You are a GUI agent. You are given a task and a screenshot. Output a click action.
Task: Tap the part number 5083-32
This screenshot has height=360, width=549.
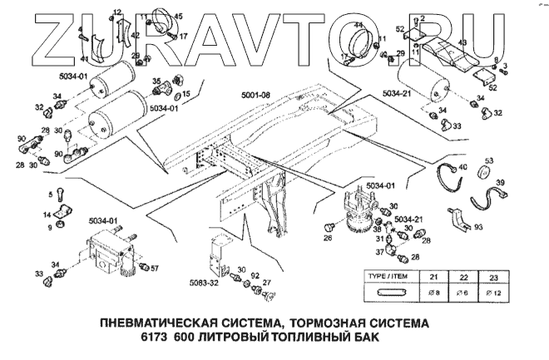[x=203, y=284]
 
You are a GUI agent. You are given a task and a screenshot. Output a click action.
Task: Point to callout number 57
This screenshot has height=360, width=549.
[x=154, y=268]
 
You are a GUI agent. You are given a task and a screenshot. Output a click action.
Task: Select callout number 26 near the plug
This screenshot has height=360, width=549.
[x=328, y=239]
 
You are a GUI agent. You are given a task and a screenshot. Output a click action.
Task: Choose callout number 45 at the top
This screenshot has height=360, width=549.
[x=177, y=17]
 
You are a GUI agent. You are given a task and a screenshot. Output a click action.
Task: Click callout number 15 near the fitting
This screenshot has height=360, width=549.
[x=185, y=94]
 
